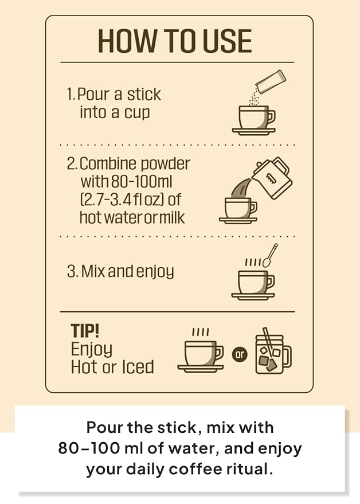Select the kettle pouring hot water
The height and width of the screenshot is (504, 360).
pyautogui.click(x=272, y=177)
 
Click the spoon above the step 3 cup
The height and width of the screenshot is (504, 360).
pyautogui.click(x=271, y=255)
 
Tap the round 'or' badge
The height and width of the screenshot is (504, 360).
pyautogui.click(x=240, y=355)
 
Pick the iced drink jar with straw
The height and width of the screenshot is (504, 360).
pyautogui.click(x=273, y=351)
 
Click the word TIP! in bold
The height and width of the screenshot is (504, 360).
pyautogui.click(x=85, y=330)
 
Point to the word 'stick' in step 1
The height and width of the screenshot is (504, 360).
pyautogui.click(x=144, y=95)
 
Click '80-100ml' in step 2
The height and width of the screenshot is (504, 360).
pyautogui.click(x=142, y=182)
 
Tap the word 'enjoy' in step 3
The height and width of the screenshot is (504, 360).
pyautogui.click(x=155, y=272)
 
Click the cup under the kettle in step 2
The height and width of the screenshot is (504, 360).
pyautogui.click(x=238, y=210)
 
